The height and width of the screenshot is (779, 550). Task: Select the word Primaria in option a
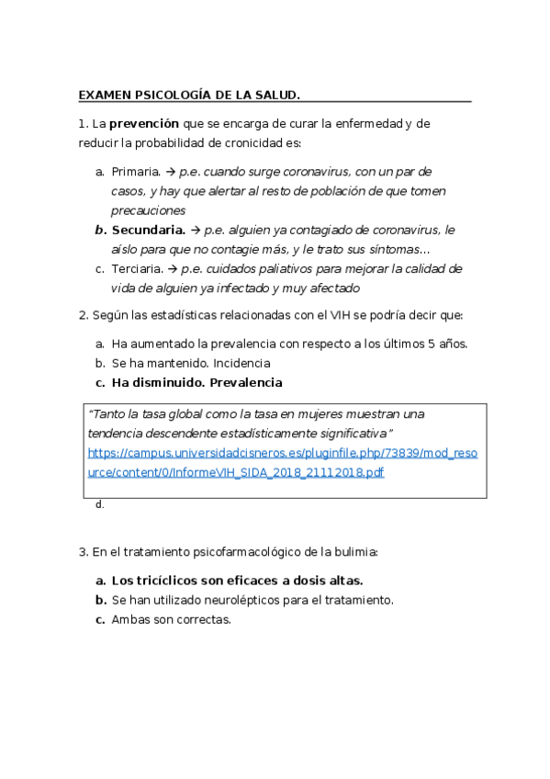tap(135, 172)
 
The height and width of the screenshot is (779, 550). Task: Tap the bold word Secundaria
tap(148, 230)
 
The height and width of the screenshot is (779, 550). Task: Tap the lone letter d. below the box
tap(99, 504)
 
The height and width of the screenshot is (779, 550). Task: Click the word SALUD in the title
tap(275, 95)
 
